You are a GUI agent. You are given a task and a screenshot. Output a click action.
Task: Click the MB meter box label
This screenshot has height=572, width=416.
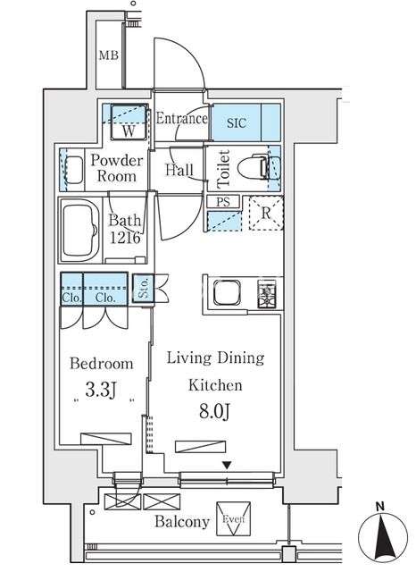coord(109,55)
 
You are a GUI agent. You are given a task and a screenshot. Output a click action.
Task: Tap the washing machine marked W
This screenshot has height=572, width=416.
coord(129,122)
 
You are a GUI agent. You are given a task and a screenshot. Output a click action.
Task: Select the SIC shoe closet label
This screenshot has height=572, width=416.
coord(237,123)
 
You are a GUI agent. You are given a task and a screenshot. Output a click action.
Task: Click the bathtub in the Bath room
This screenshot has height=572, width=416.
coord(79,231)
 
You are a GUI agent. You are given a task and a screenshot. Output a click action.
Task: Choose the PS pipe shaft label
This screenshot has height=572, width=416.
coord(223,202)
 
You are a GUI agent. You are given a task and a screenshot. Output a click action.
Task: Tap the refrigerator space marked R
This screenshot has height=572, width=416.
coord(266,213)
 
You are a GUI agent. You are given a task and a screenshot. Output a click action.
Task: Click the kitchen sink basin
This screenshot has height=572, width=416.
coord(227,292)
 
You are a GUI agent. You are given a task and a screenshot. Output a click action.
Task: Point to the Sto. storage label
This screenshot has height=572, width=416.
coord(143,288)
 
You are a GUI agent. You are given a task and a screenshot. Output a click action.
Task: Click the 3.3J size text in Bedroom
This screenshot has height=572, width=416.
coord(101,390)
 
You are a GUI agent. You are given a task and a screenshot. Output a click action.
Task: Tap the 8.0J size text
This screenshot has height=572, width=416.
coord(214,412)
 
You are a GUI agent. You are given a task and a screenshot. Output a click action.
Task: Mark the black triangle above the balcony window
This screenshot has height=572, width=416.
coord(227,466)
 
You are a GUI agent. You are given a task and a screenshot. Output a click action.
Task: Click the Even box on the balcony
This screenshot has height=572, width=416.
coord(234,518)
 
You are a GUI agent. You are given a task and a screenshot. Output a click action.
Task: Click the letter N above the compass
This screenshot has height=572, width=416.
coord(380,507)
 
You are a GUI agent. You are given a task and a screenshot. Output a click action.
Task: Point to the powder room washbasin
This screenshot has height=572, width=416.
coord(74,170)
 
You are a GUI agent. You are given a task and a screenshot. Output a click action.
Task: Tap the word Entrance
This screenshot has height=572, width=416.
coord(182,119)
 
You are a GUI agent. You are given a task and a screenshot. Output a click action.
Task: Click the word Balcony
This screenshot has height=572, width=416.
coord(182,522)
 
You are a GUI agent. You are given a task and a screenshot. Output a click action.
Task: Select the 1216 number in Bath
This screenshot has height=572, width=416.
coord(125,238)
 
